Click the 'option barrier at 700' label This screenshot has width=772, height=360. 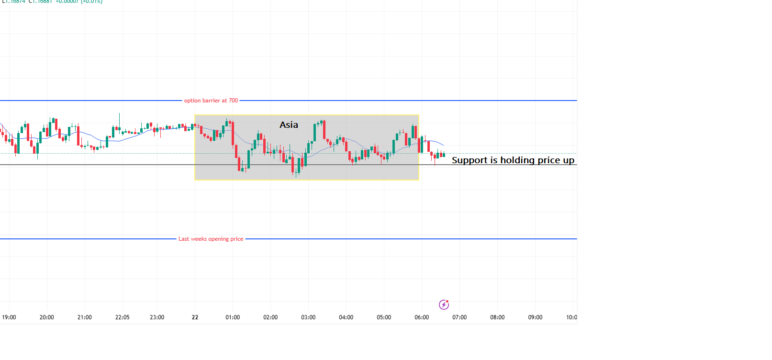211,101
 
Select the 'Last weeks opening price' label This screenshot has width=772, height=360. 211,239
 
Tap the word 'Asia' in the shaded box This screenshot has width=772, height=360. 289,125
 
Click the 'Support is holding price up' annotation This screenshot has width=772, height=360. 513,160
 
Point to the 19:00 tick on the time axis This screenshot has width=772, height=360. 9,317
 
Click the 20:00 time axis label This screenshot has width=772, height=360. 46,317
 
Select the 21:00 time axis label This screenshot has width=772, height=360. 84,317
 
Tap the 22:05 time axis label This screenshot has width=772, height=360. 122,317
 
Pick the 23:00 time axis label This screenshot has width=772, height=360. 157,317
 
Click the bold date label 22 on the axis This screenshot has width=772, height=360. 195,317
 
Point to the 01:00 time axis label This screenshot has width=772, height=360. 233,317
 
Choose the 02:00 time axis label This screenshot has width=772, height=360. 270,317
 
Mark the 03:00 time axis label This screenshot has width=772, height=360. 308,317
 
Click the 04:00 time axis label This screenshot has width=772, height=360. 346,317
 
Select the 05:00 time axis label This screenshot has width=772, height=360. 384,317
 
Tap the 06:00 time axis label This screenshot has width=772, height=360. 422,317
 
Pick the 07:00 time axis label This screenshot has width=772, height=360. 459,317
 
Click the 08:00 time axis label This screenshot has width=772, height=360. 497,317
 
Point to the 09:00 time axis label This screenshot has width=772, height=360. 535,317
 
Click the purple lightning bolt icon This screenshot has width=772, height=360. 444,304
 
